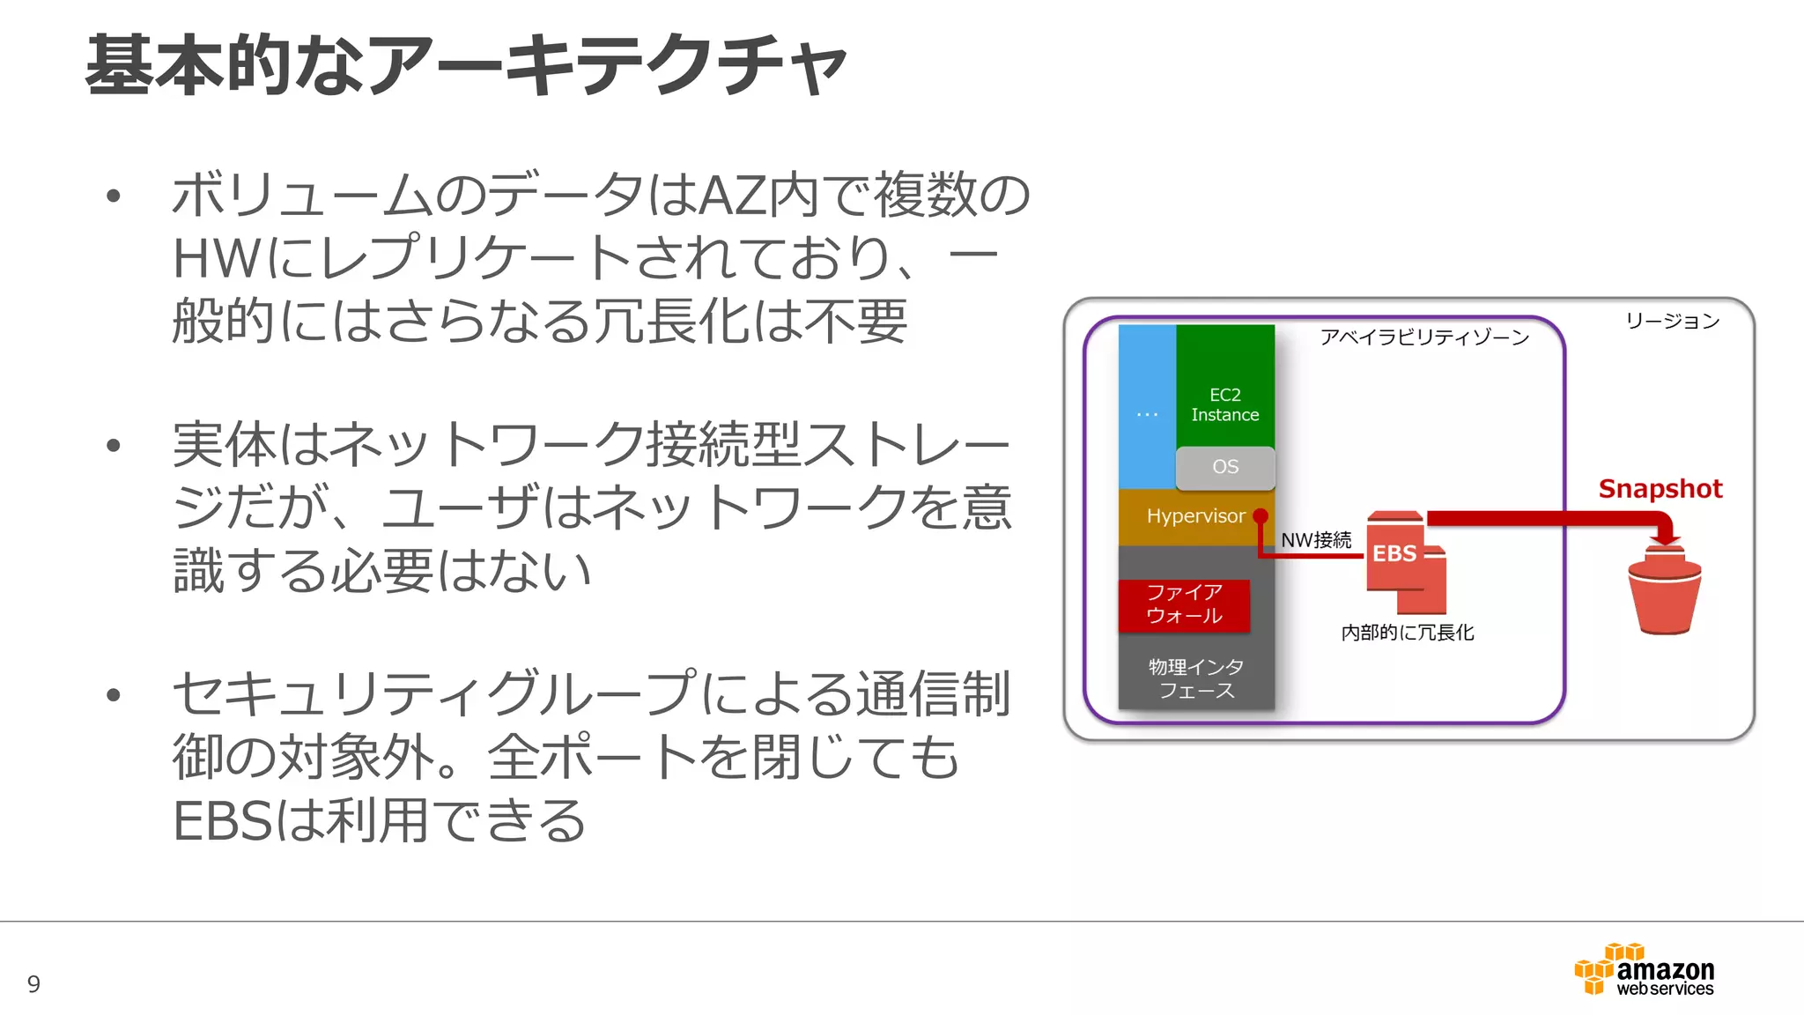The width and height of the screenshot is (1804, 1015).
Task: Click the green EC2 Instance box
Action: click(x=1224, y=388)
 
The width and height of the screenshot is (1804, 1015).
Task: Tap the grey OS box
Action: click(x=1224, y=467)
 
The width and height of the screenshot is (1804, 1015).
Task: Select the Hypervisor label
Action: click(x=1195, y=516)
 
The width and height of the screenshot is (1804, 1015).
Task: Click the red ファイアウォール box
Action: click(x=1184, y=604)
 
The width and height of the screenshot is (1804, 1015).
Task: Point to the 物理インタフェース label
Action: click(x=1195, y=678)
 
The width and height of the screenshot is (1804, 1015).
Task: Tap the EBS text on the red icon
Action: click(x=1394, y=554)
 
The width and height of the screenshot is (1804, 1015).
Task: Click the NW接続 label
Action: click(x=1316, y=540)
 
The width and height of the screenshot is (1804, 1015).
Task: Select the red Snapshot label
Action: click(x=1660, y=489)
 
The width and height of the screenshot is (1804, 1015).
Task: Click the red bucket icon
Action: click(x=1664, y=595)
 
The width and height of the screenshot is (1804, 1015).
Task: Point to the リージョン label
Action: click(x=1672, y=321)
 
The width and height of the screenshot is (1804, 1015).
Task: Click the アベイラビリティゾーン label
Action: click(x=1424, y=337)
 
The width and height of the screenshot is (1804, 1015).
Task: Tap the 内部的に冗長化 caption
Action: click(x=1407, y=633)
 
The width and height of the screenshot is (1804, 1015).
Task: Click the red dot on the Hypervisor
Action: click(x=1261, y=515)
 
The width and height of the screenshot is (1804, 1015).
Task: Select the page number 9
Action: click(x=33, y=983)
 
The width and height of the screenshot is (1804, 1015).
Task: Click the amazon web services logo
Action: click(x=1645, y=971)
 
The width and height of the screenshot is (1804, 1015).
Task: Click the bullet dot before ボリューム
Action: click(x=113, y=196)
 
